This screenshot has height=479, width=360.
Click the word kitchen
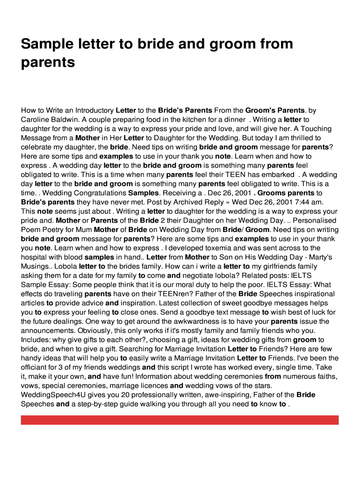click(183, 120)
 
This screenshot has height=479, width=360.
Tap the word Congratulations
click(99, 193)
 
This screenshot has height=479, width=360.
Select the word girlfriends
click(277, 267)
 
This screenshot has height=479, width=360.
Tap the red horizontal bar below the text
click(180, 420)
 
